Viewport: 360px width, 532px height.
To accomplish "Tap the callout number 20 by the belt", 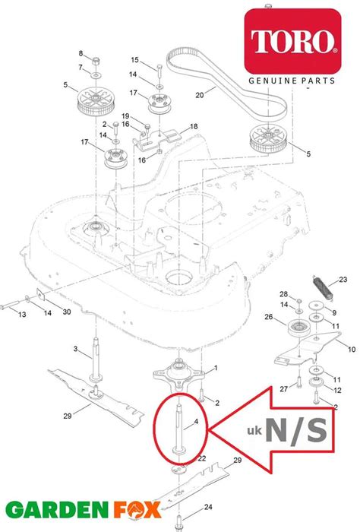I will (200, 96).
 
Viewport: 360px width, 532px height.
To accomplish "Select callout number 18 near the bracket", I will (194, 126).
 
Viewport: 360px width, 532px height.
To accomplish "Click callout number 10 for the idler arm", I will (351, 349).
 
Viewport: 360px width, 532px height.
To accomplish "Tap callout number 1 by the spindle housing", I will (215, 368).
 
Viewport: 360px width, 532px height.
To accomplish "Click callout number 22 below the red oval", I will (202, 458).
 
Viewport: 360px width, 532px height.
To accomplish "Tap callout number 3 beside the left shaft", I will (76, 349).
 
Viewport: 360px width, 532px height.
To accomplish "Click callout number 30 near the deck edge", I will (66, 312).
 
